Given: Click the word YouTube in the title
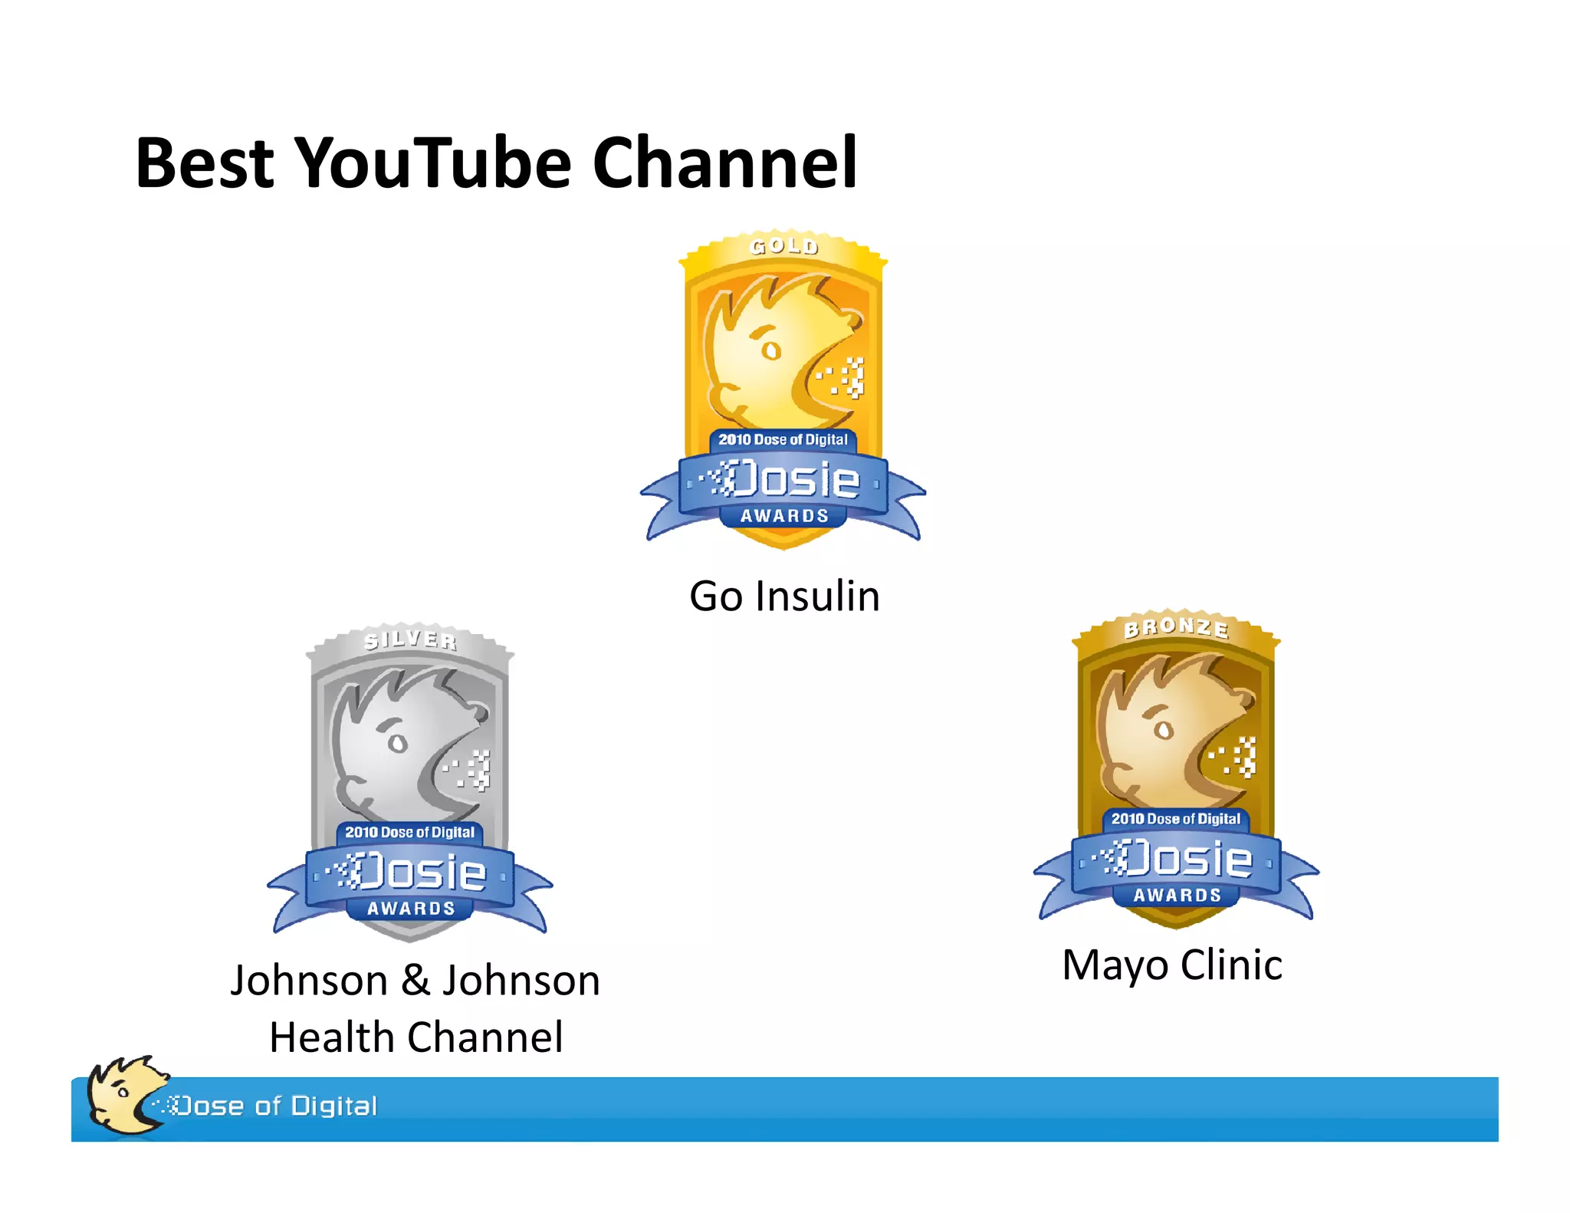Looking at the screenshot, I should [433, 163].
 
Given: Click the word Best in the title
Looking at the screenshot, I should [204, 163].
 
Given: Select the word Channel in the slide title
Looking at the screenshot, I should [724, 163].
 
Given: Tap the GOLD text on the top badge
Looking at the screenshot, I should [784, 246].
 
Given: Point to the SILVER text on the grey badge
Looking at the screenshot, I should [410, 639].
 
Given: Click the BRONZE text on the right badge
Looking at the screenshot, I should [1176, 628].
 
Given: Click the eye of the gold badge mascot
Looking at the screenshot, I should [771, 350].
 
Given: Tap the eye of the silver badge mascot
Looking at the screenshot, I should [398, 743].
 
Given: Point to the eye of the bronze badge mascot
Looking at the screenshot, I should [1164, 730].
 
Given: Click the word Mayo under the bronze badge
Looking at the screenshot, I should [1115, 965].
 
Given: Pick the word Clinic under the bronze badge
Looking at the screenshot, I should [1231, 965].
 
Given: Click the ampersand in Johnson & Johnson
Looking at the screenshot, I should [415, 981].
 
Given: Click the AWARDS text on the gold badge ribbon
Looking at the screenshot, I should [784, 516].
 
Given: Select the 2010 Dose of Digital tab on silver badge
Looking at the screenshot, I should [410, 832].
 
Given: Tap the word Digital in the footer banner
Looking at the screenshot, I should [334, 1106].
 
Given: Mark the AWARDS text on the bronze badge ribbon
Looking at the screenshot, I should [1177, 895].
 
